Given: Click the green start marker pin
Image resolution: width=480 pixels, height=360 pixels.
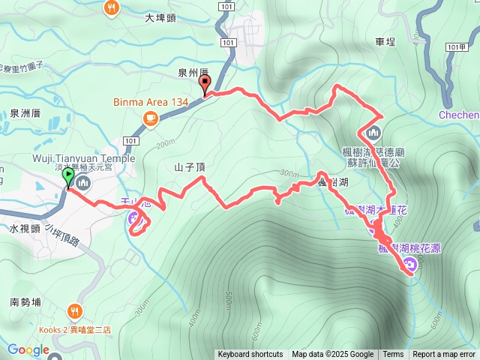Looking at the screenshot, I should (x=69, y=178).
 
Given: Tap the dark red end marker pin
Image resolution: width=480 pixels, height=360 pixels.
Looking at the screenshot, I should (x=205, y=85).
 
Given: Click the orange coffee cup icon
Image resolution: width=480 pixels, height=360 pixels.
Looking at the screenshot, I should (x=150, y=117).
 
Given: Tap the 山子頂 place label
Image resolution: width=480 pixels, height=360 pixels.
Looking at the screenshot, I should (x=190, y=168).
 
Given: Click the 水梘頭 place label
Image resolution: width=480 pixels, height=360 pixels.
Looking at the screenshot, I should (x=25, y=228).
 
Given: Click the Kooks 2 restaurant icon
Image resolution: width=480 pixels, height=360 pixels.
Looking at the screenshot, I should (x=75, y=310).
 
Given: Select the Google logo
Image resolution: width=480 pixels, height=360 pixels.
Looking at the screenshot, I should (x=28, y=350).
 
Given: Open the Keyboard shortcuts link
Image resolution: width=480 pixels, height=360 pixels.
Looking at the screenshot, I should (x=250, y=355).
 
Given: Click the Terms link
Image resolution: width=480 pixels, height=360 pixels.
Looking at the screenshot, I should (x=393, y=355).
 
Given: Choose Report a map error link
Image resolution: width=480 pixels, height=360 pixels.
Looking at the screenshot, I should (x=444, y=355).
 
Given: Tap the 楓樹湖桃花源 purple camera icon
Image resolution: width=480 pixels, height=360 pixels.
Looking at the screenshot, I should (x=409, y=263).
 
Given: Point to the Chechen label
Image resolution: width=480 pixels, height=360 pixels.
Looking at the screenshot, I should (x=459, y=115).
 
